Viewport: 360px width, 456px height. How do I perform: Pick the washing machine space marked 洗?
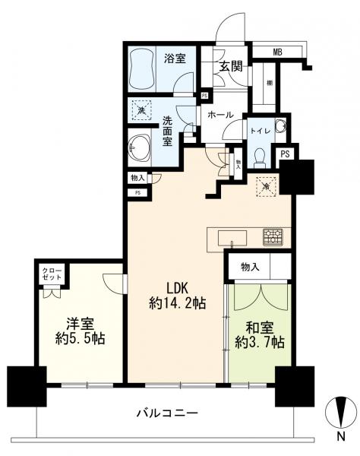pyautogui.click(x=142, y=112)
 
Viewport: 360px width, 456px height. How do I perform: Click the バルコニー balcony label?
pyautogui.click(x=169, y=413)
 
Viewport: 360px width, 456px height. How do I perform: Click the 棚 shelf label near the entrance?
pyautogui.click(x=270, y=83)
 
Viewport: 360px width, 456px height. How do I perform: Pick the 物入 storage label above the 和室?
pyautogui.click(x=251, y=267)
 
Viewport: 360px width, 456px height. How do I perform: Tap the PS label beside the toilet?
pyautogui.click(x=285, y=154)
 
